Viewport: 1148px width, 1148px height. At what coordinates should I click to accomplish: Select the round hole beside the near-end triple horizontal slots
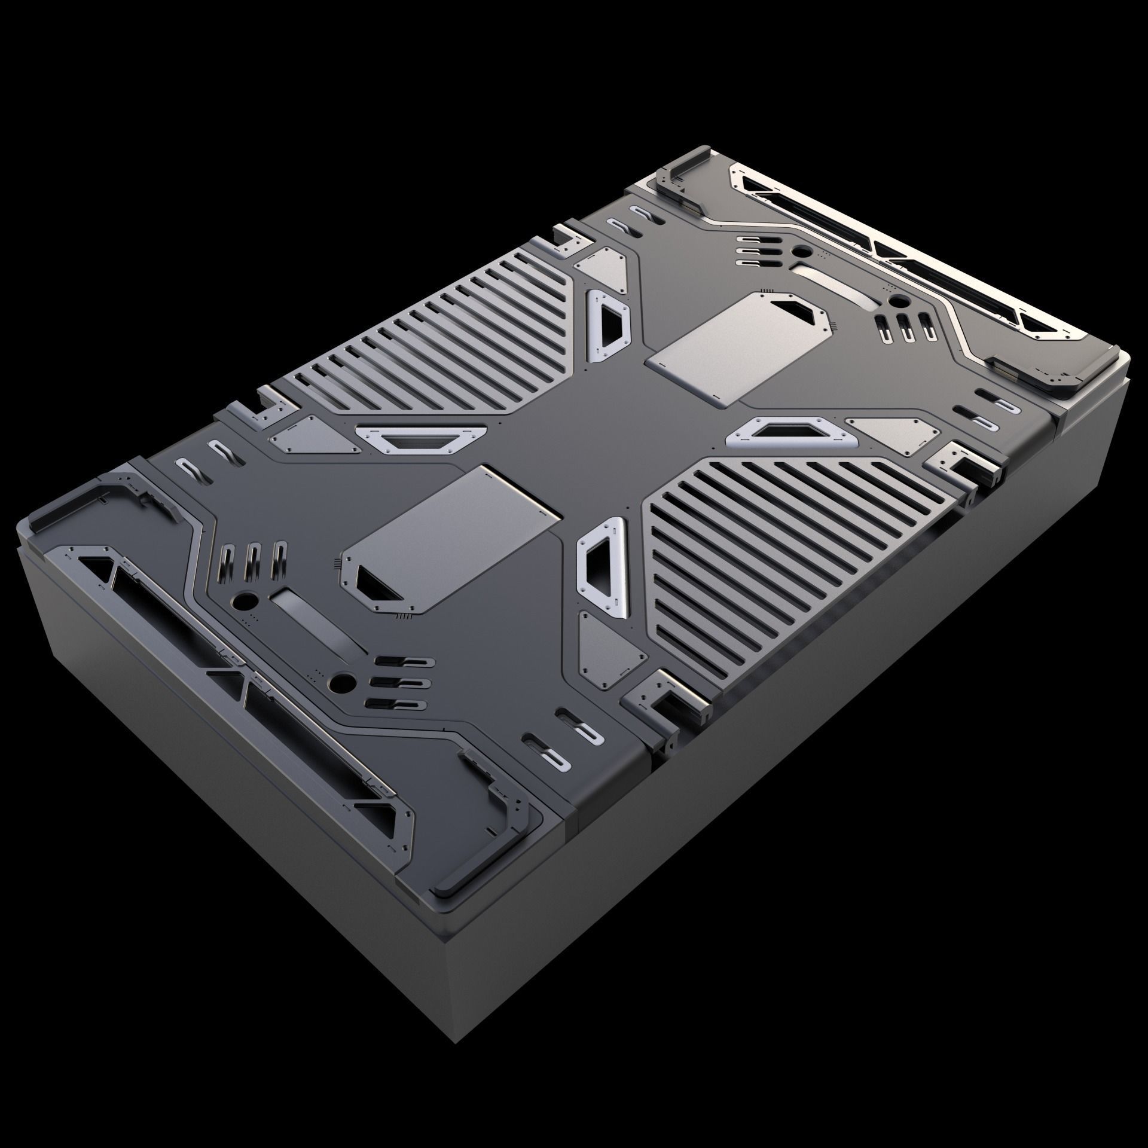pos(344,681)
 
